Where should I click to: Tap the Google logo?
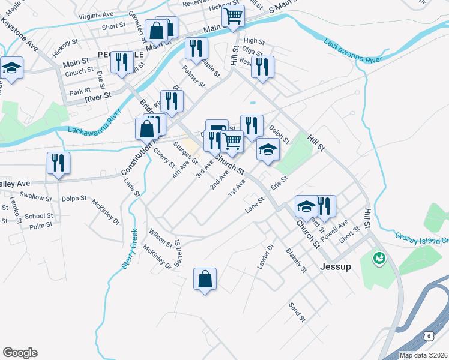pos(20,353)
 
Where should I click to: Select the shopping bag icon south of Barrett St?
pos(205,280)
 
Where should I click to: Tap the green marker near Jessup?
pos(379,259)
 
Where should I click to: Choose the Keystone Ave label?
pos(20,34)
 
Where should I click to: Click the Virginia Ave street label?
pos(99,14)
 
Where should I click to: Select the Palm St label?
pos(41,226)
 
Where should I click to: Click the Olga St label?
pos(253,52)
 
